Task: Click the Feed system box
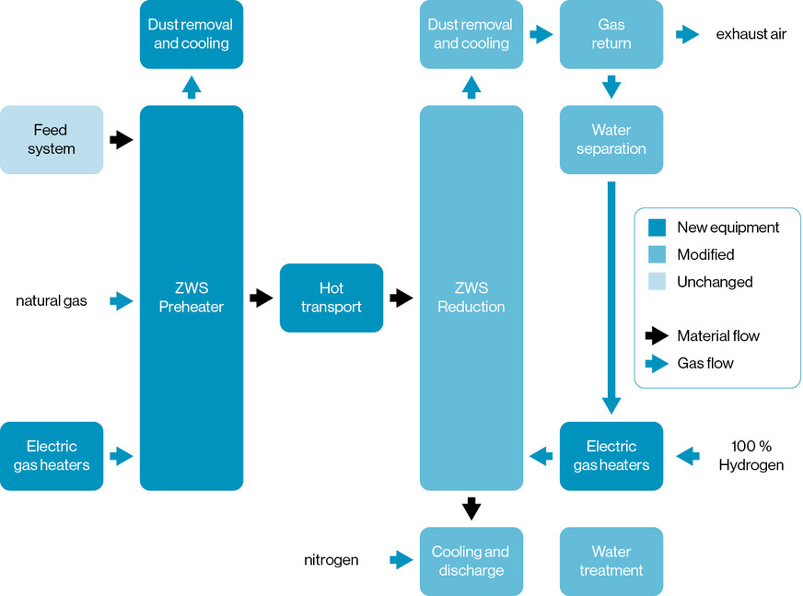tap(52, 139)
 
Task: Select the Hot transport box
tap(331, 298)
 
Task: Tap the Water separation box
tap(611, 139)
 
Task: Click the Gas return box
tap(611, 34)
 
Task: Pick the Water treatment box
tap(611, 561)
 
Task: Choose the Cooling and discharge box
tap(471, 561)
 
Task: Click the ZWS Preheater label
tap(191, 298)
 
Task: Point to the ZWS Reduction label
tap(471, 298)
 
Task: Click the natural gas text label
tap(52, 300)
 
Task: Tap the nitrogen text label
tap(331, 559)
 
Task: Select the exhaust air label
tap(751, 34)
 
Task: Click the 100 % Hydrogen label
tap(751, 455)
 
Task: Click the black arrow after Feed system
tap(122, 140)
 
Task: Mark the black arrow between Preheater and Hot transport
tap(262, 298)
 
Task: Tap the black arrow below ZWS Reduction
tap(471, 508)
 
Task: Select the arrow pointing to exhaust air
tap(687, 34)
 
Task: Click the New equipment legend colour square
tap(657, 227)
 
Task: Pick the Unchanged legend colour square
tap(657, 282)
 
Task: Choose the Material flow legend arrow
tap(656, 335)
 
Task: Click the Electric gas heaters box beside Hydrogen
tap(611, 455)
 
